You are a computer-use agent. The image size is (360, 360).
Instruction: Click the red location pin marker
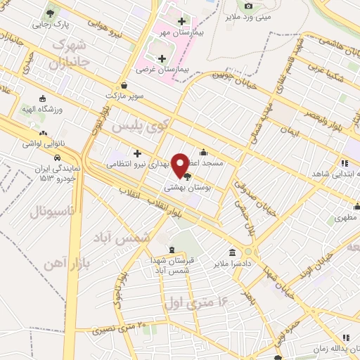180,166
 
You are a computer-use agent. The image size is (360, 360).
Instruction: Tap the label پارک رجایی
51,24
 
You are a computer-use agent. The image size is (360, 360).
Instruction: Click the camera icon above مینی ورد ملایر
247,6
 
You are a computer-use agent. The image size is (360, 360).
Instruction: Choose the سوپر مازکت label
125,94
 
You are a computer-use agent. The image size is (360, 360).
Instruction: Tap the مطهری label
345,219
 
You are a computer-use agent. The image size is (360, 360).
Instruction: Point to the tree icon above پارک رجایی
51,13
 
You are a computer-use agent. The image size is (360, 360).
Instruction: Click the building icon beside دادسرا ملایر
232,252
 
